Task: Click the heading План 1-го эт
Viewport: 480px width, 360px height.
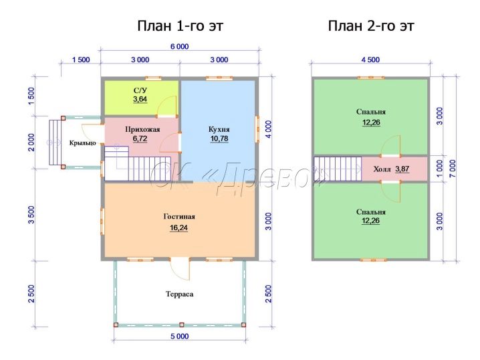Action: pyautogui.click(x=181, y=25)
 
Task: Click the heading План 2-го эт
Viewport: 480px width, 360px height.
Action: pyautogui.click(x=371, y=25)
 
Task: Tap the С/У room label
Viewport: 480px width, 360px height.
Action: pyautogui.click(x=140, y=90)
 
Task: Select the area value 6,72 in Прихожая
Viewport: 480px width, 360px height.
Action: pyautogui.click(x=140, y=139)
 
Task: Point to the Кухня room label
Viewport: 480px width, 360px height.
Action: pyautogui.click(x=219, y=129)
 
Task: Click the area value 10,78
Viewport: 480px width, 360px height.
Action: pyautogui.click(x=219, y=139)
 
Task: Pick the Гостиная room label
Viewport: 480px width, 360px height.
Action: pyautogui.click(x=179, y=217)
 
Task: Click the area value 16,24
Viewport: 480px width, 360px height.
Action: pyautogui.click(x=178, y=228)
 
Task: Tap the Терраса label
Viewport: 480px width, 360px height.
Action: pyautogui.click(x=180, y=294)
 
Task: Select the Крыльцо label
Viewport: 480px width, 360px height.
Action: pyautogui.click(x=83, y=143)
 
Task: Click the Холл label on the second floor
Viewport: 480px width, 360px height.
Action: pyautogui.click(x=382, y=169)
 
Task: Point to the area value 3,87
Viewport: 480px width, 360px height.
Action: pyautogui.click(x=402, y=169)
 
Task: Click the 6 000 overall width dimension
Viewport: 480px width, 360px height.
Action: pyautogui.click(x=179, y=47)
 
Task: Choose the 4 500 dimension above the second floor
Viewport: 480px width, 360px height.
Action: pyautogui.click(x=370, y=60)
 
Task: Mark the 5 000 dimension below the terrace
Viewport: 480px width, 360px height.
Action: pyautogui.click(x=180, y=337)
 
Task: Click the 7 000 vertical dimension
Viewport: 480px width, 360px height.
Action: pyautogui.click(x=453, y=168)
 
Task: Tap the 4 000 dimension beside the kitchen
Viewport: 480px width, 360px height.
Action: pyautogui.click(x=268, y=129)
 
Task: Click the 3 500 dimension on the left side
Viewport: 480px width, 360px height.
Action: pyautogui.click(x=31, y=215)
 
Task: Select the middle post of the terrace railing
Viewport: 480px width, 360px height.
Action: pyautogui.click(x=182, y=325)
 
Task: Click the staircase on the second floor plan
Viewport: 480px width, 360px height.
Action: pyautogui.click(x=338, y=169)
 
